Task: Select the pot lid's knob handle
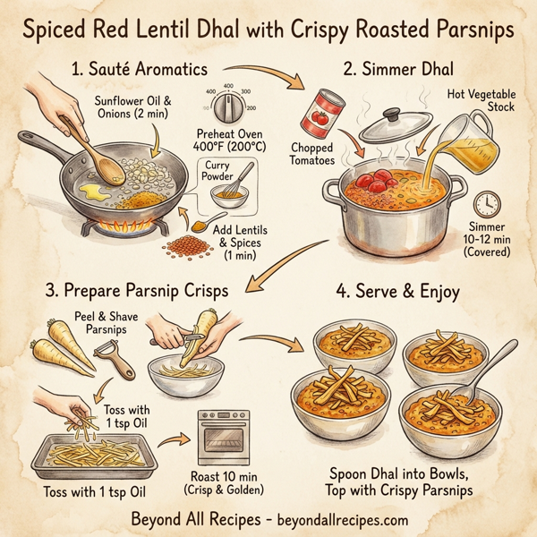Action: [x=392, y=115]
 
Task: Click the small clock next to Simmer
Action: [x=489, y=204]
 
